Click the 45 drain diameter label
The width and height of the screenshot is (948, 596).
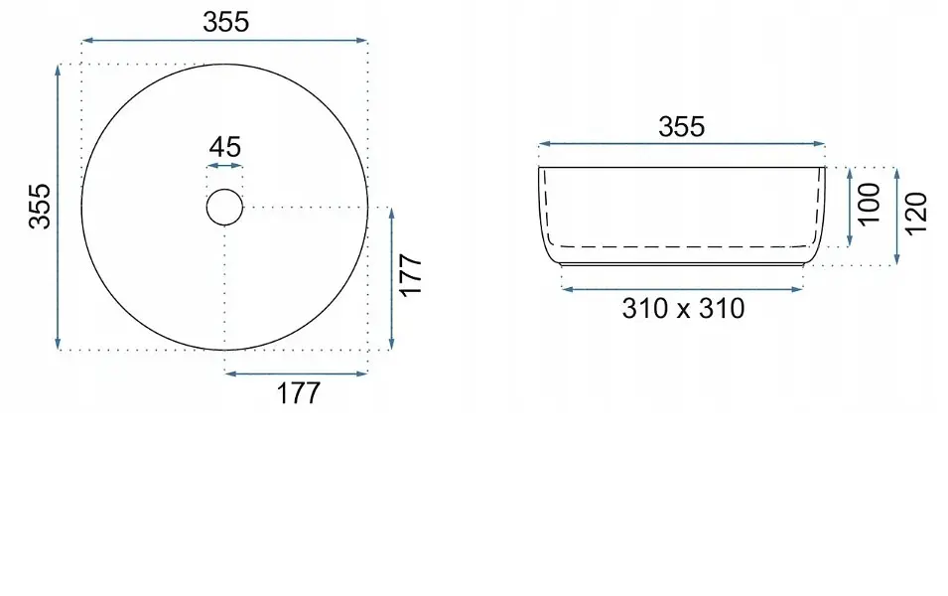[x=225, y=147]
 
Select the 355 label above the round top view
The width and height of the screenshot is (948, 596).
[x=225, y=23]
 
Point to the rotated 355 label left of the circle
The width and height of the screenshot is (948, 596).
[x=40, y=207]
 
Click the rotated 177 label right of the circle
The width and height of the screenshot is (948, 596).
[x=411, y=275]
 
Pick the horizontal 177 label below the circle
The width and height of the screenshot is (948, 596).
[x=298, y=393]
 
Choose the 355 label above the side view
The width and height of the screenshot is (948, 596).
[x=681, y=127]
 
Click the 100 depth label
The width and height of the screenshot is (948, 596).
[x=870, y=204]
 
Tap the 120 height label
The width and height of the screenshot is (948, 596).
[x=916, y=213]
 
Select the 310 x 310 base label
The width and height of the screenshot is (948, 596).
[x=683, y=309]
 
